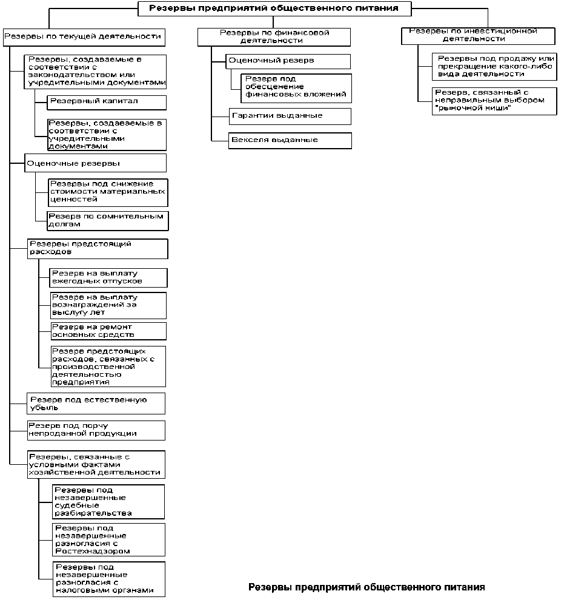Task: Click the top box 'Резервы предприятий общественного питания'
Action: point(274,8)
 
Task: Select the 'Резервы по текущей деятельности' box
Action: point(84,37)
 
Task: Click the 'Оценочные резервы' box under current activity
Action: point(96,163)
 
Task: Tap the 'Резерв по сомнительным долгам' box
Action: point(107,220)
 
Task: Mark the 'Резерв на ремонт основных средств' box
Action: point(108,331)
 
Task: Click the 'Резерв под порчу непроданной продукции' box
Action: point(96,430)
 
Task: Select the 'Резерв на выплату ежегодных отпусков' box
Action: point(108,278)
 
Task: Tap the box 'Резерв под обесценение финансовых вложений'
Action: point(296,87)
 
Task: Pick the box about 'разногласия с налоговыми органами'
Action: point(108,578)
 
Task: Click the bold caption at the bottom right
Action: point(367,587)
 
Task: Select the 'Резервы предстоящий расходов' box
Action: point(97,249)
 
